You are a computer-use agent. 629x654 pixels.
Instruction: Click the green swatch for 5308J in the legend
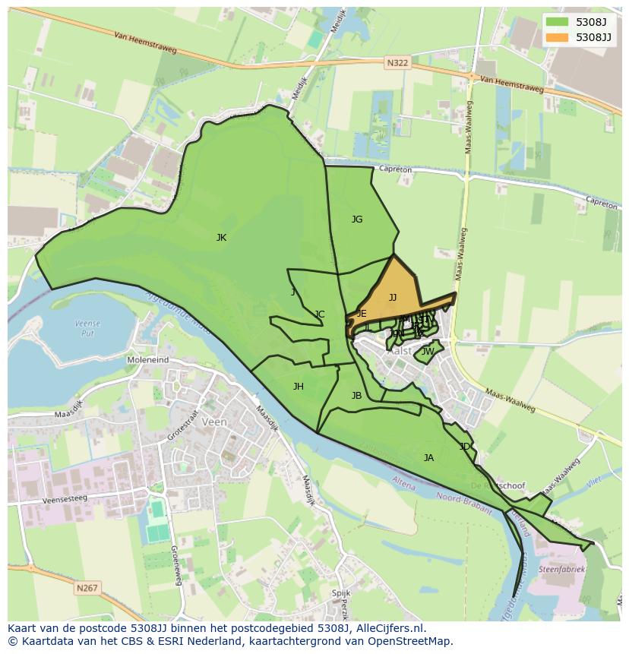[x=558, y=22]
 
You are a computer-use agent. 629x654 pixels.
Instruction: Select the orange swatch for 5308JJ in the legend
[x=558, y=37]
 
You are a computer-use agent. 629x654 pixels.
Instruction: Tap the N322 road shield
[x=397, y=64]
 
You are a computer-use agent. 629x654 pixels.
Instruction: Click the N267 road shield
[x=87, y=587]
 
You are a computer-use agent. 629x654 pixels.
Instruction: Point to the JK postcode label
[x=221, y=238]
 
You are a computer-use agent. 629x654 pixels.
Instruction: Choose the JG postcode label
[x=357, y=220]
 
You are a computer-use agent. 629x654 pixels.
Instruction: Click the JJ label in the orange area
[x=393, y=298]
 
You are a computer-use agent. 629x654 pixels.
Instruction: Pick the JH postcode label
[x=299, y=387]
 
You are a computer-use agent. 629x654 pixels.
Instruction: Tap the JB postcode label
[x=356, y=396]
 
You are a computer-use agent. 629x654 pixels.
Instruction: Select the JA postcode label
[x=428, y=458]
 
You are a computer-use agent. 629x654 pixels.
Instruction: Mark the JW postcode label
[x=428, y=352]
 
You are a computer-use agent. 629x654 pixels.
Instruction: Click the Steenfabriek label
[x=561, y=568]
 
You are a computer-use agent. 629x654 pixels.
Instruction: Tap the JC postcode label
[x=319, y=314]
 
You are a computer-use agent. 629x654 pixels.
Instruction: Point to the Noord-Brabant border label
[x=465, y=504]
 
